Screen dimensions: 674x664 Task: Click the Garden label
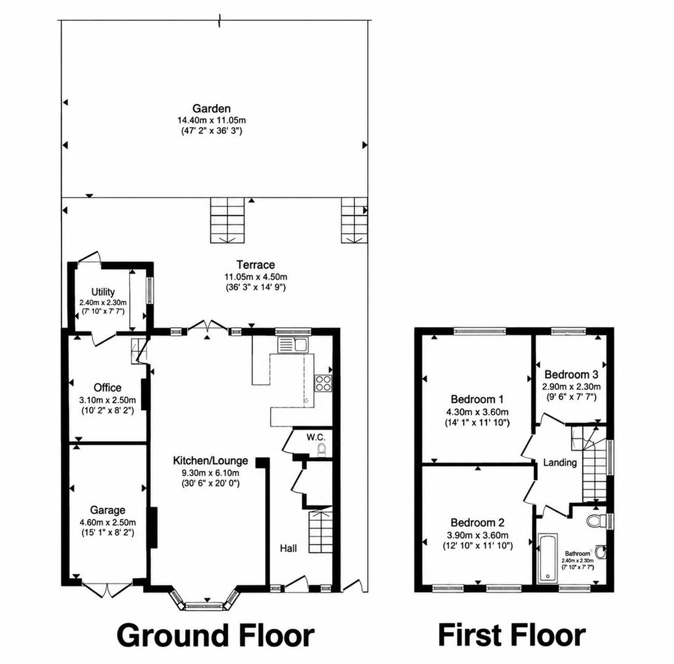click(212, 109)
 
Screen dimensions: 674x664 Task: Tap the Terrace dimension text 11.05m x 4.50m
click(256, 277)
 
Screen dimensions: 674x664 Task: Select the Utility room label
click(103, 292)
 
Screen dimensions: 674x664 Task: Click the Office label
click(108, 388)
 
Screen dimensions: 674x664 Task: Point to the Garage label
click(108, 510)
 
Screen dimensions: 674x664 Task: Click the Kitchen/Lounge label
click(210, 460)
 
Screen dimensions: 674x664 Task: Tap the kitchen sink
click(292, 345)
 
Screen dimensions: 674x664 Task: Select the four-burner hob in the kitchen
click(323, 383)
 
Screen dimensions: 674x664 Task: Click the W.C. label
click(316, 438)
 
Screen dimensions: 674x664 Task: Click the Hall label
click(288, 548)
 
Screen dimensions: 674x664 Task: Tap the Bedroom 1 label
click(477, 399)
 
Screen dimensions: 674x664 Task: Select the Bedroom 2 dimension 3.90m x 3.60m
click(477, 536)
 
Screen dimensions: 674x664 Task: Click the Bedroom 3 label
click(571, 374)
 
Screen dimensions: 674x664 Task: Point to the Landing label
click(560, 462)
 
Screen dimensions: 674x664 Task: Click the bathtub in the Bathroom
click(547, 558)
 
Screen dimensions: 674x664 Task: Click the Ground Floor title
click(216, 636)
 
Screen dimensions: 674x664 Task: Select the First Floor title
click(512, 635)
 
